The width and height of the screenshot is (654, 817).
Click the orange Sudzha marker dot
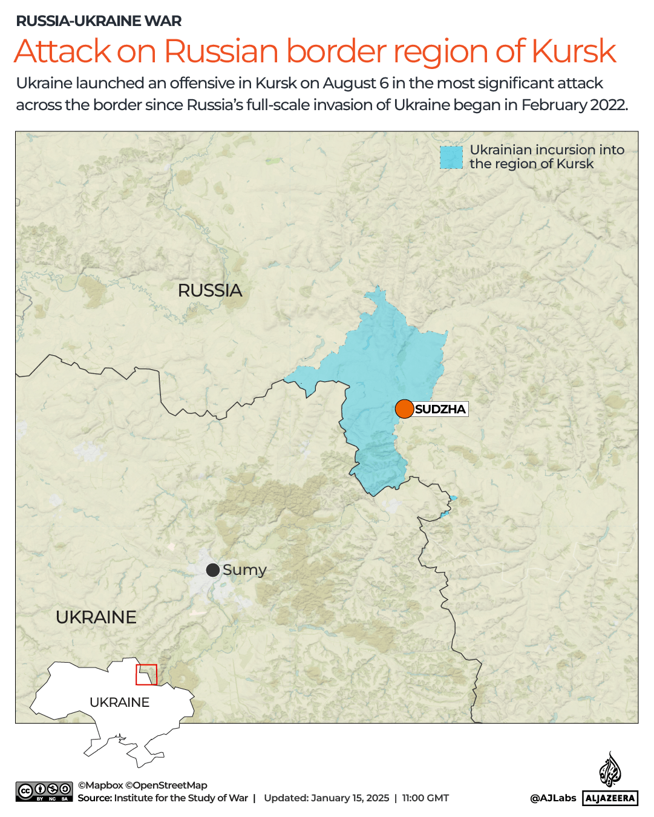404,409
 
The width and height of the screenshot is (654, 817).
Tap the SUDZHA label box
440,409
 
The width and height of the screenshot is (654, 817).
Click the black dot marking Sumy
213,570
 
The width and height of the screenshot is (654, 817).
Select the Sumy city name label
244,570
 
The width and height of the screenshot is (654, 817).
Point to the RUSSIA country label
210,290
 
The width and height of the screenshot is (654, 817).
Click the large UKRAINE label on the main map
96,617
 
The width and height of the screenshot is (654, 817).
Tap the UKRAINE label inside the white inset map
119,702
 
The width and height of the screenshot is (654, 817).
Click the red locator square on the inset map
146,675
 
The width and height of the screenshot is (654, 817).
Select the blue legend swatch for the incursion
451,157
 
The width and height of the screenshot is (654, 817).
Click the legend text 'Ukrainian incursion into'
547,149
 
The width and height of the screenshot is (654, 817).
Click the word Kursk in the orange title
574,51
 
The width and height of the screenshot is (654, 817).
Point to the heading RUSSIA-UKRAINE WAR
99,21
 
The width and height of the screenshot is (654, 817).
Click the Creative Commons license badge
44,792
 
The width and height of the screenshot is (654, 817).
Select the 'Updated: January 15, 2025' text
326,798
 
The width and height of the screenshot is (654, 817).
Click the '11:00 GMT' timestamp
425,798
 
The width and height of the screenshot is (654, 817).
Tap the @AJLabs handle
553,798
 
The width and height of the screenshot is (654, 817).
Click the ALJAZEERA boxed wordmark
610,798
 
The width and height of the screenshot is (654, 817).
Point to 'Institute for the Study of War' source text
181,798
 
